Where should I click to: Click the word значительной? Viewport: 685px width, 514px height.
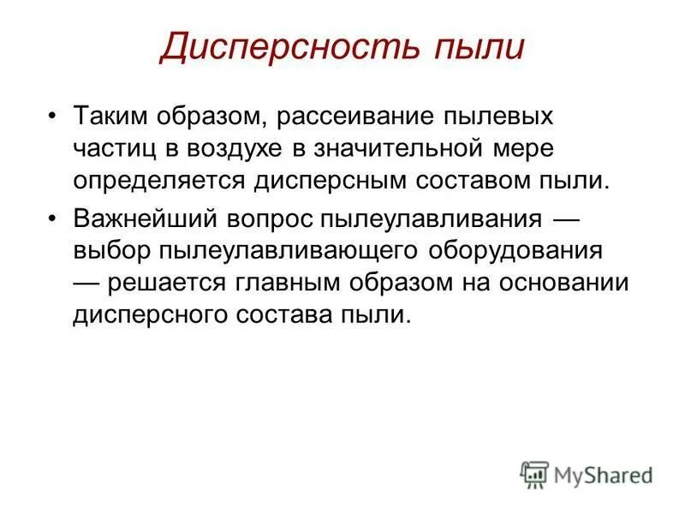pos(402,148)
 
